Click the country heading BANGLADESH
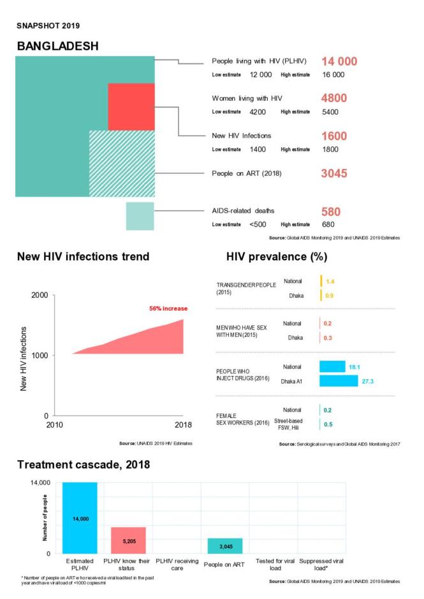[x=58, y=47]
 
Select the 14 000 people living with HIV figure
[x=339, y=62]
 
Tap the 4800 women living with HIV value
[x=334, y=99]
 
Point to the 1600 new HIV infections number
[x=334, y=136]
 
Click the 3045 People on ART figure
[x=334, y=173]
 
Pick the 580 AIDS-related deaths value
[x=330, y=212]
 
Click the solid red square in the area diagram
[x=131, y=106]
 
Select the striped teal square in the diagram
[x=121, y=163]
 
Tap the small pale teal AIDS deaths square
[x=140, y=216]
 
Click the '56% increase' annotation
[x=168, y=308]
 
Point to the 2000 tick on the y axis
[x=39, y=296]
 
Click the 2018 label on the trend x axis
[x=183, y=424]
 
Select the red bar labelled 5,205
[x=128, y=540]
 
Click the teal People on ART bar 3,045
[x=224, y=546]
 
